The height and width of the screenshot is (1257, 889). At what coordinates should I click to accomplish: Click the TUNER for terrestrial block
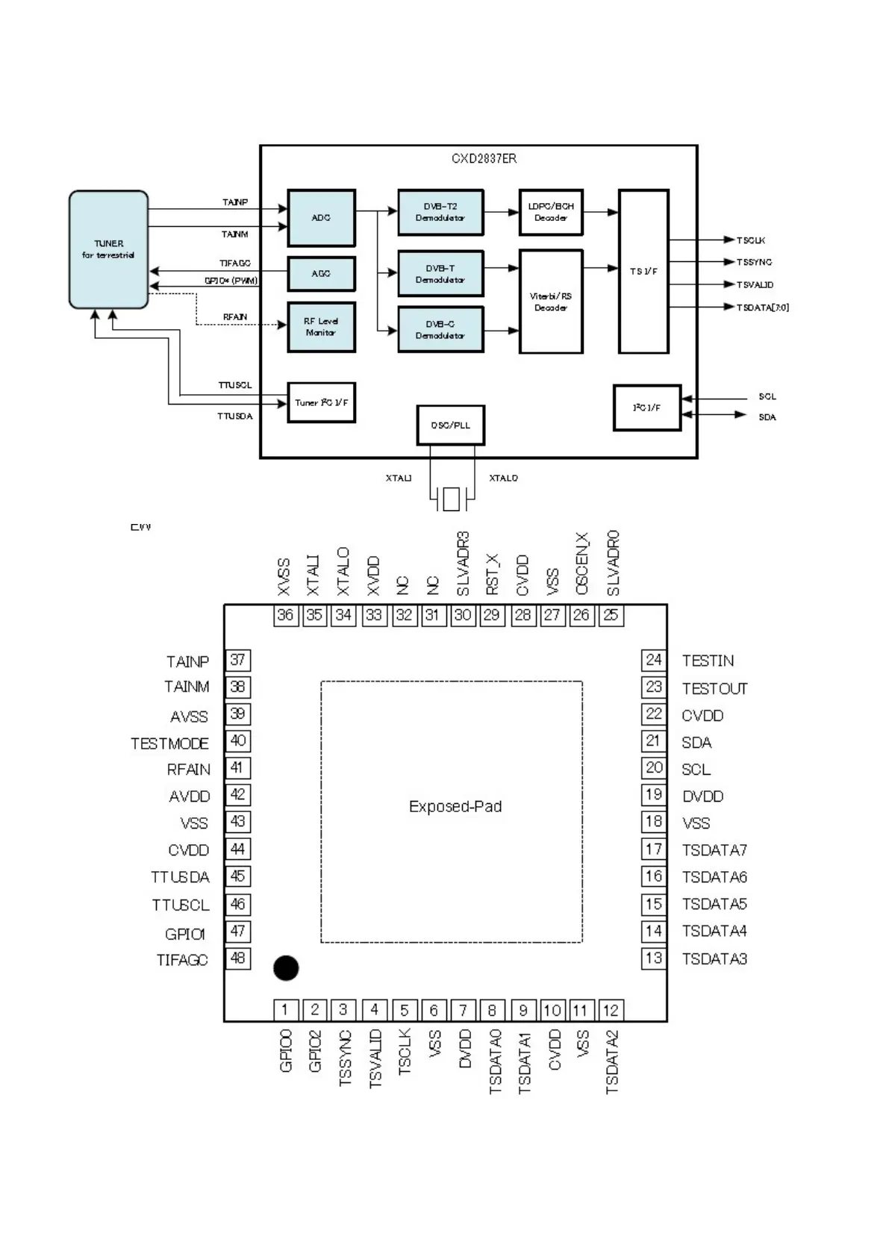[x=108, y=249]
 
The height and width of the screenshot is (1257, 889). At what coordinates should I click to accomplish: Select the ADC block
[x=321, y=218]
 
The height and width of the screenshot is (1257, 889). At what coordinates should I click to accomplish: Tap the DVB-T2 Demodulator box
[x=440, y=212]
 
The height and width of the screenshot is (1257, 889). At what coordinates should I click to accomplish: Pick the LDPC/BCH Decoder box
[x=551, y=212]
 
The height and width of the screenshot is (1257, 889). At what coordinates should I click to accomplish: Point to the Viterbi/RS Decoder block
[x=551, y=302]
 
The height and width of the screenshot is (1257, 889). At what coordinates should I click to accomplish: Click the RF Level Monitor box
[x=321, y=327]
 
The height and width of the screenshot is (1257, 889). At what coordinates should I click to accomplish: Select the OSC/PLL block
[x=451, y=425]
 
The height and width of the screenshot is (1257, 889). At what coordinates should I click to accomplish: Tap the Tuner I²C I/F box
[x=321, y=402]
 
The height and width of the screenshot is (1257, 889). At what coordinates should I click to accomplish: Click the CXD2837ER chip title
[x=484, y=158]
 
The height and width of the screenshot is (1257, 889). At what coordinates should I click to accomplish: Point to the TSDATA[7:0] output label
[x=762, y=308]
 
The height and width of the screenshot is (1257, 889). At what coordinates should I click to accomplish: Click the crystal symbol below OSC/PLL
[x=451, y=499]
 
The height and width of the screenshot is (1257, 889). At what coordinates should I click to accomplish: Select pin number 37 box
[x=237, y=660]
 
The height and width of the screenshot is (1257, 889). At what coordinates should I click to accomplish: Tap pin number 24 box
[x=653, y=660]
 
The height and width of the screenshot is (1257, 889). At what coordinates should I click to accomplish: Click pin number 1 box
[x=285, y=1010]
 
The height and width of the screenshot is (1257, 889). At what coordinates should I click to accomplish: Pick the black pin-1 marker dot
[x=286, y=968]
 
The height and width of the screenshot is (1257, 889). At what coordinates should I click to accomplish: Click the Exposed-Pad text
[x=455, y=806]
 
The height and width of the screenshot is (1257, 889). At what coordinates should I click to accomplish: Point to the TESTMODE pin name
[x=169, y=743]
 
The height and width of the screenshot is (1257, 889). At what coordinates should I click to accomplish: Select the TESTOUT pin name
[x=714, y=688]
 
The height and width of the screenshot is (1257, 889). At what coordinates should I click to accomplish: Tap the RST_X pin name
[x=493, y=574]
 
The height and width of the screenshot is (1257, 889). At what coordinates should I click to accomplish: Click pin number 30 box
[x=463, y=615]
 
